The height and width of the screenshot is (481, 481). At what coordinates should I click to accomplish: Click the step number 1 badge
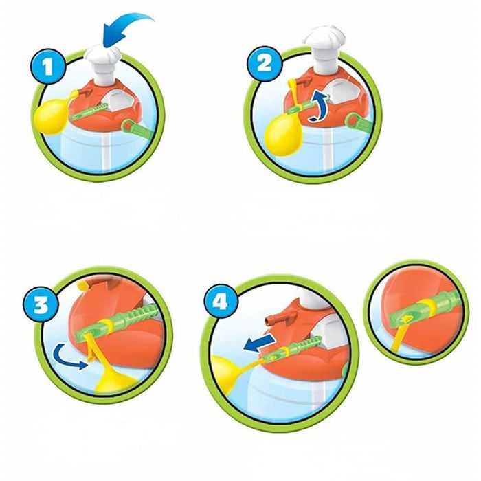click(48, 67)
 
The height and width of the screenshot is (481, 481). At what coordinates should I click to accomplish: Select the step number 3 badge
click(41, 305)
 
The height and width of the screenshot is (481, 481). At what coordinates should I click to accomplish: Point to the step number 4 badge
click(220, 302)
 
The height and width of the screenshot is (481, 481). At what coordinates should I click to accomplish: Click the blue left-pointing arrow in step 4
click(258, 342)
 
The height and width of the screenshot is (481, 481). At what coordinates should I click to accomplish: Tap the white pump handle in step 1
click(103, 66)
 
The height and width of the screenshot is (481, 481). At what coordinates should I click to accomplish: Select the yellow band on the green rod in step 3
click(107, 325)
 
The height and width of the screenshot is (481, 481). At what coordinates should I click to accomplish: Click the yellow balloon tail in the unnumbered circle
click(399, 337)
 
